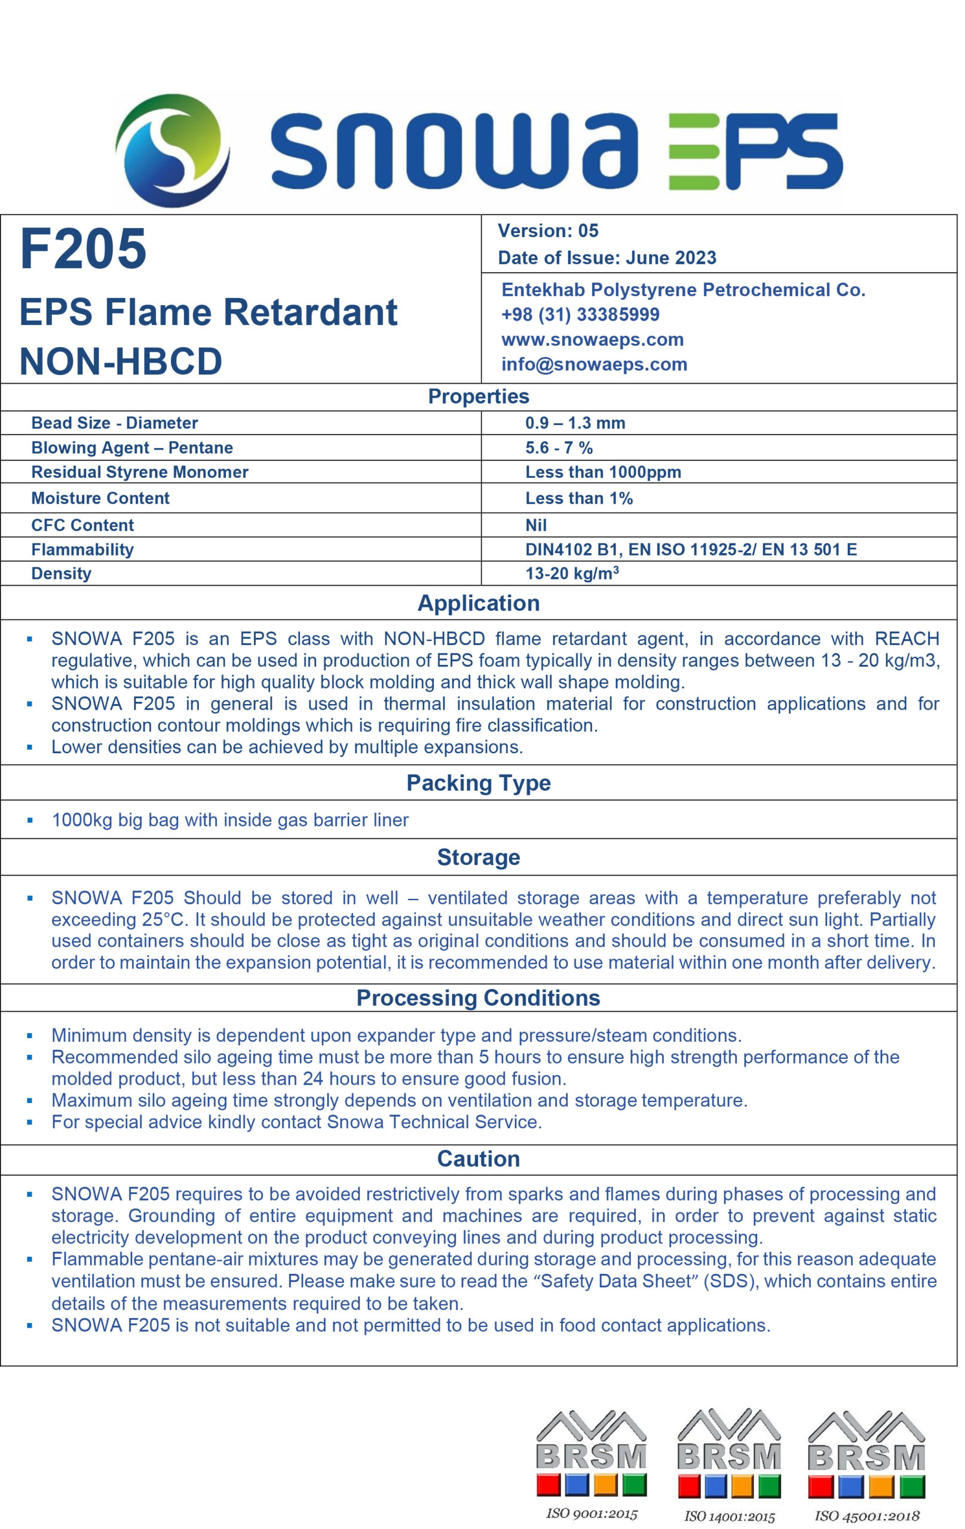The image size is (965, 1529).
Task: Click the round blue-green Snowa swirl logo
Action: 171,150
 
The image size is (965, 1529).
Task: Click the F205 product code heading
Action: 83,248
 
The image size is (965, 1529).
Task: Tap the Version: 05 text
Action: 547,231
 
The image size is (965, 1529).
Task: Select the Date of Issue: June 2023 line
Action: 606,258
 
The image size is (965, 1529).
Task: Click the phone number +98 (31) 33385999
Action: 580,314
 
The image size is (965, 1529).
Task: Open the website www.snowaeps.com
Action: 592,340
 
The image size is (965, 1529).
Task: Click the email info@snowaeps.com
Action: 594,364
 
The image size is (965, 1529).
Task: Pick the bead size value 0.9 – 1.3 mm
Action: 575,423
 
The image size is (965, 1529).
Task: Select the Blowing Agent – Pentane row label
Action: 132,448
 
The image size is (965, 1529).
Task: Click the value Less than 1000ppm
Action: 603,472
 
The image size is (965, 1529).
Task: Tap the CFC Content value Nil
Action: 535,525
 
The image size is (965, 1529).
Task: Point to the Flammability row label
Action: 82,549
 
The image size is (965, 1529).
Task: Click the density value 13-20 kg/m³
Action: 572,573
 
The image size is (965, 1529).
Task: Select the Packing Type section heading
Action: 479,783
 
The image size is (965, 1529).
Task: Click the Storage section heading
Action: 479,857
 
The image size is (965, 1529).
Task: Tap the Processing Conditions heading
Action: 479,997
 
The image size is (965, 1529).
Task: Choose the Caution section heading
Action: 479,1159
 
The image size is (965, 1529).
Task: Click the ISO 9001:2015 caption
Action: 592,1513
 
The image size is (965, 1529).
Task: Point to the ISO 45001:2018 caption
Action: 867,1516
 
